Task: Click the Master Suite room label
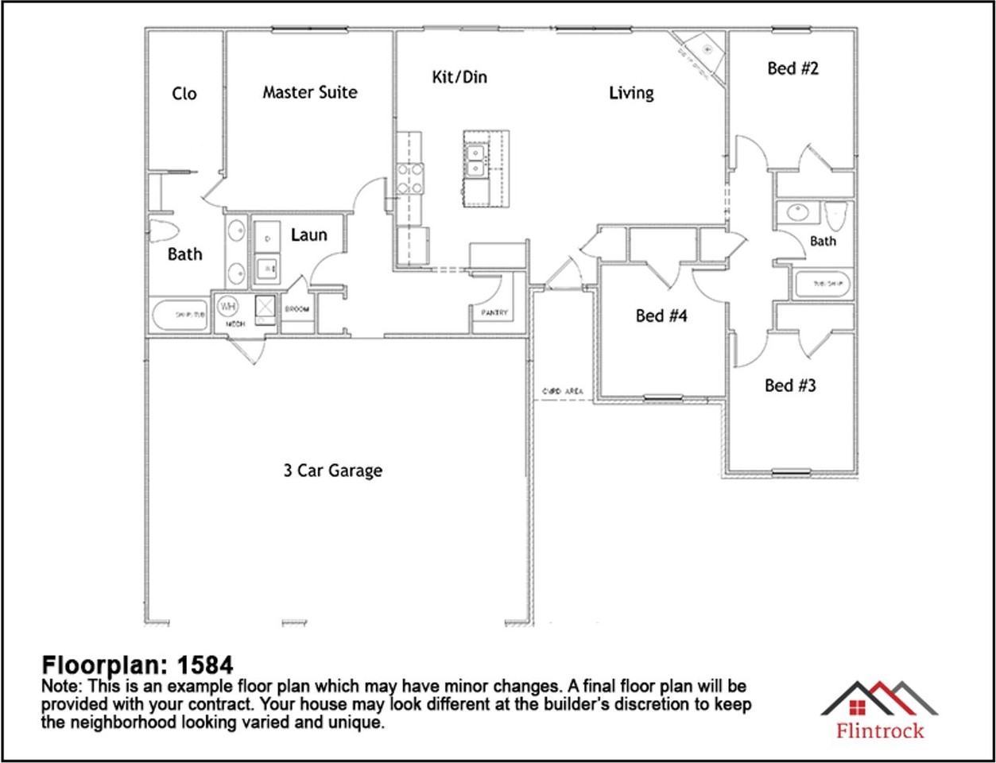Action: click(x=309, y=92)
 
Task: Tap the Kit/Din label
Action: click(x=459, y=77)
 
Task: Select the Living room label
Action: click(x=631, y=93)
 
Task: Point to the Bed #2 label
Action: click(x=793, y=68)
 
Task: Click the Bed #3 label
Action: click(x=790, y=385)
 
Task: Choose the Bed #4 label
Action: click(x=661, y=316)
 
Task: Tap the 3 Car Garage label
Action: click(x=332, y=471)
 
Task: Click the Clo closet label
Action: click(x=184, y=94)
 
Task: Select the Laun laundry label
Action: click(x=308, y=235)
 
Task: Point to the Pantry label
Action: click(x=494, y=313)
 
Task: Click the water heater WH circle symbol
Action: click(x=227, y=306)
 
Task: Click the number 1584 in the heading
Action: click(x=205, y=664)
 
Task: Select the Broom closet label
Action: click(x=297, y=309)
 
